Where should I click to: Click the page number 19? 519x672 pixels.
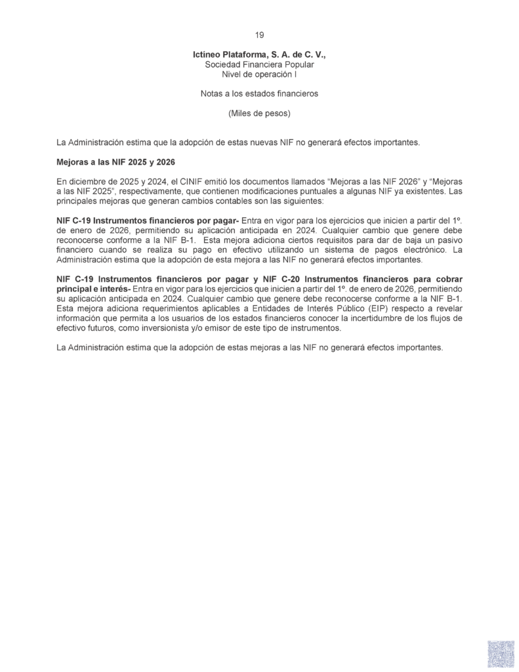coord(259,35)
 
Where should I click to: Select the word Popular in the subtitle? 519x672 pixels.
coord(299,65)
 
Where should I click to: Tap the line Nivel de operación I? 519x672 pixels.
coord(259,75)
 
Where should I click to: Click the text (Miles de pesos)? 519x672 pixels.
coord(259,113)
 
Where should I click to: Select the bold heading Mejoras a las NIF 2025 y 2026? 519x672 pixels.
coord(115,161)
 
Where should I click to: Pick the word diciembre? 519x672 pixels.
coord(87,180)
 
